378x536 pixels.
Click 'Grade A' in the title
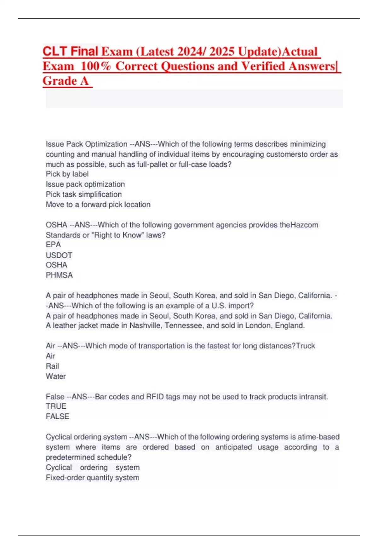coord(66,81)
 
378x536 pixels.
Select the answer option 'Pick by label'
coord(67,174)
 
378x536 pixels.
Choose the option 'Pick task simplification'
coord(84,194)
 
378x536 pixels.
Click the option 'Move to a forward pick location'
coord(98,205)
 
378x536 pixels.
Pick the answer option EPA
coord(53,245)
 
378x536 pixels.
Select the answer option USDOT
coord(59,255)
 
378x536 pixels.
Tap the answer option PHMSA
coord(59,275)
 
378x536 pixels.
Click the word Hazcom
coord(304,225)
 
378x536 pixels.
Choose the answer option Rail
coord(52,366)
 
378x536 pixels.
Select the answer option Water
coord(56,376)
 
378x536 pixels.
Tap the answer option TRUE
coord(56,406)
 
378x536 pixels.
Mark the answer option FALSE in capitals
coord(57,417)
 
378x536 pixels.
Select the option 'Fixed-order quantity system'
coord(92,478)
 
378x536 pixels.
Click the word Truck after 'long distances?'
coord(306,346)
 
